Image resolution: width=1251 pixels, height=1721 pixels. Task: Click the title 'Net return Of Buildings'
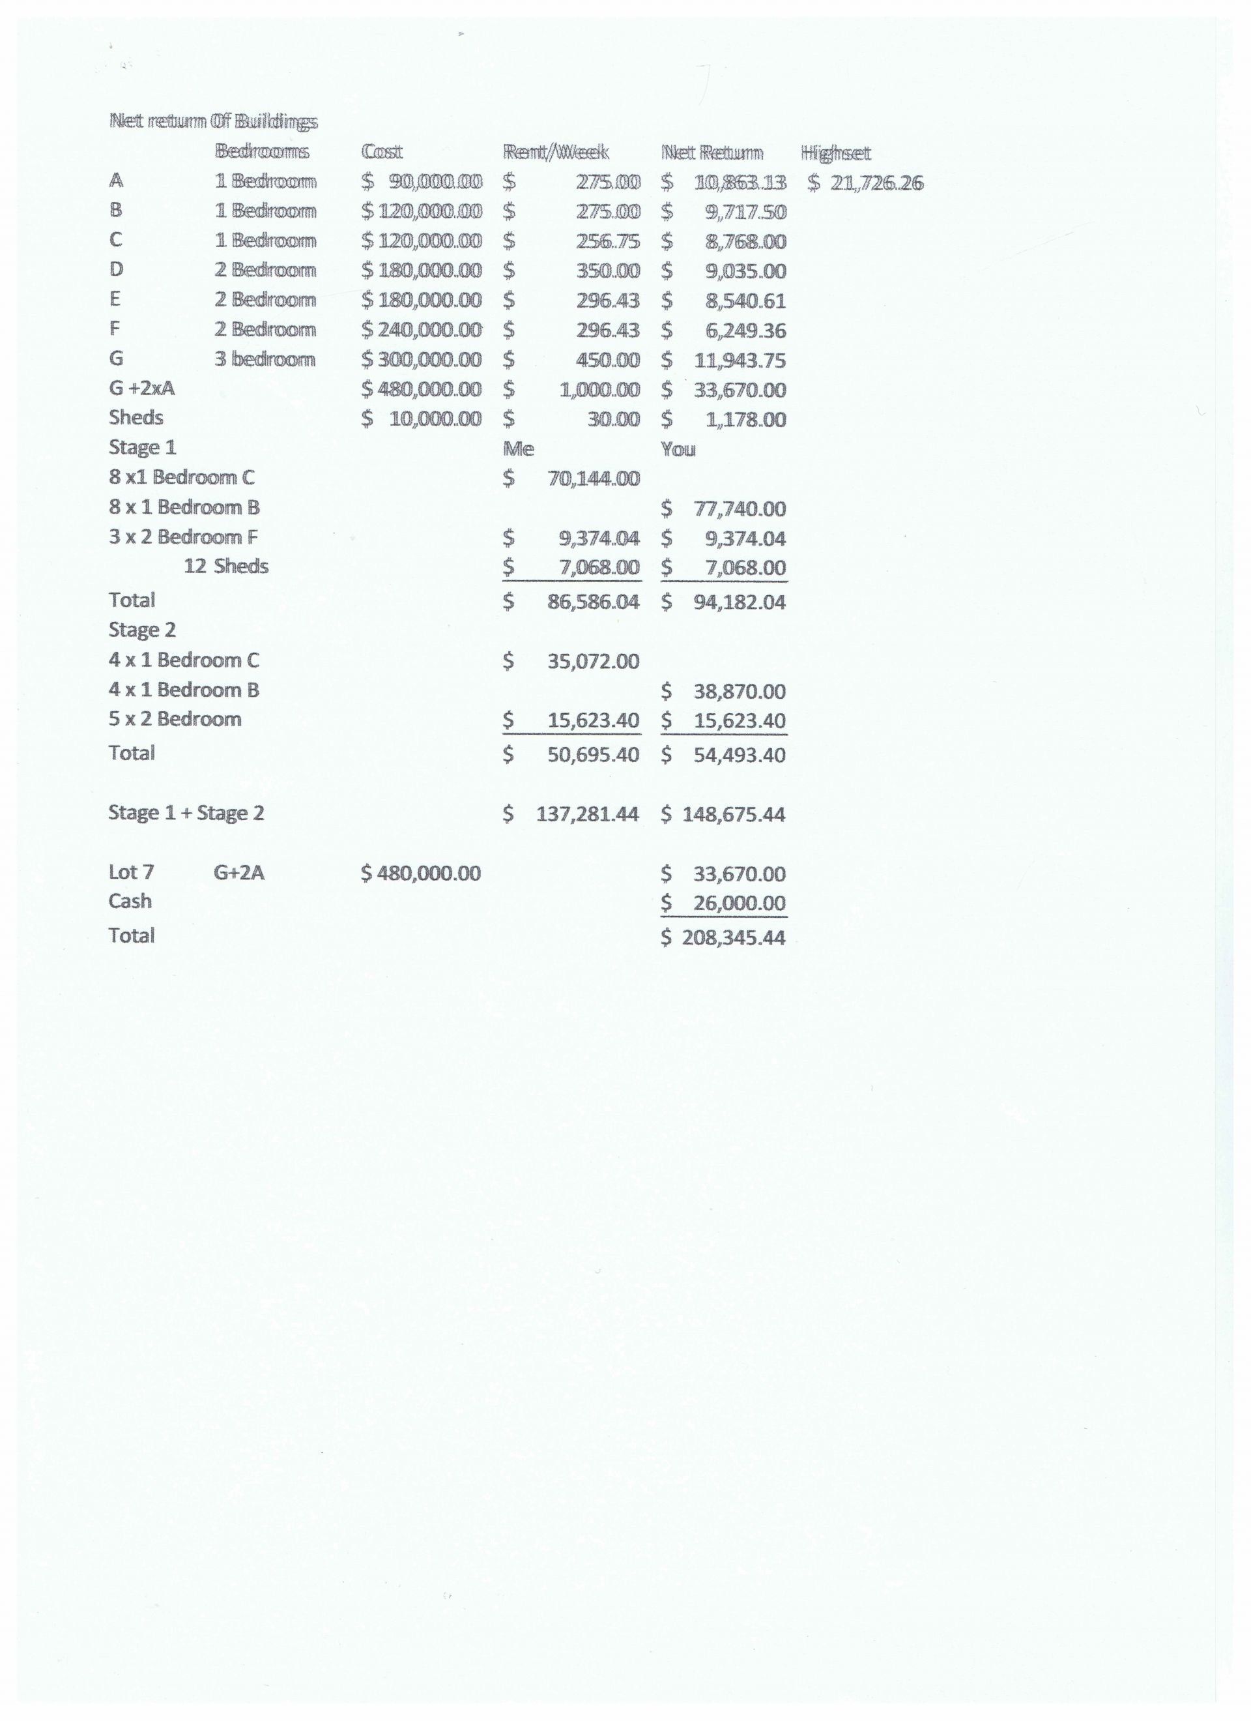213,121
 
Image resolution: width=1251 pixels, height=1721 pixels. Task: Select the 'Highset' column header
835,153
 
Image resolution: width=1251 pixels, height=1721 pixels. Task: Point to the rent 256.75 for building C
607,241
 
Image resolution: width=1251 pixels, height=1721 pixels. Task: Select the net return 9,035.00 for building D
744,271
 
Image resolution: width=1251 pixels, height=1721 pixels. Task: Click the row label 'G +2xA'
142,388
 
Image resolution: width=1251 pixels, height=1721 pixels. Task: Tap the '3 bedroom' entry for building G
264,359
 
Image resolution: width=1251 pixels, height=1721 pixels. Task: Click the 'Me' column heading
518,449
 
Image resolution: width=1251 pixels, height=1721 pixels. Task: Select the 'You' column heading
678,449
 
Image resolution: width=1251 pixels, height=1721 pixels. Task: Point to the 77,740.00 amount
739,508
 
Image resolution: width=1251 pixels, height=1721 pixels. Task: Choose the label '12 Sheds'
226,566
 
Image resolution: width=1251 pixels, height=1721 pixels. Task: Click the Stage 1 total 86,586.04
592,602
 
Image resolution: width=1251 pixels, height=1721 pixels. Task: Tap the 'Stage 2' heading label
142,630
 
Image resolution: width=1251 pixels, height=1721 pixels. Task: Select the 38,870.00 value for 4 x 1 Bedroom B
739,691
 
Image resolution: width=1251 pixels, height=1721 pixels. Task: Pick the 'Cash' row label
130,901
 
